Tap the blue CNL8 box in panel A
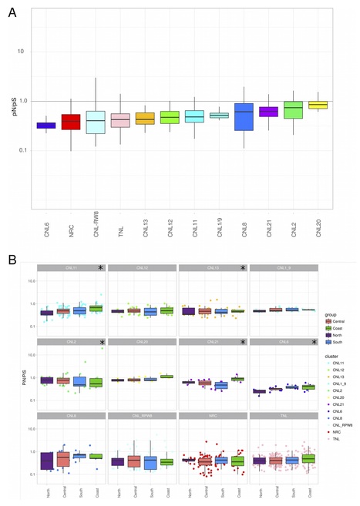pyautogui.click(x=246, y=116)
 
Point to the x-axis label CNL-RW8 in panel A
pyautogui.click(x=97, y=230)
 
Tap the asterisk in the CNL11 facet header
pyautogui.click(x=100, y=267)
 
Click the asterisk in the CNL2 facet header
pyautogui.click(x=100, y=341)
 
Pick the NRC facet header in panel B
pyautogui.click(x=212, y=415)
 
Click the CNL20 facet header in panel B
pyautogui.click(x=141, y=341)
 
